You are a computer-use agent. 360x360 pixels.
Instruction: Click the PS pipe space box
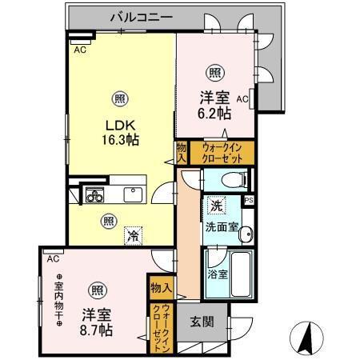tap(249, 201)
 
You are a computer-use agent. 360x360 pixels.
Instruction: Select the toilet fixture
tap(233, 179)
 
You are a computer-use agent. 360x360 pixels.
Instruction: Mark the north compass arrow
tap(309, 338)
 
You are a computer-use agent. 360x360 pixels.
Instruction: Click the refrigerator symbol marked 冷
tap(132, 236)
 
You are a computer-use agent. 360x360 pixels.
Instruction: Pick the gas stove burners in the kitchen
tap(93, 194)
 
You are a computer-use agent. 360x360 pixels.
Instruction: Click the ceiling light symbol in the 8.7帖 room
tap(95, 290)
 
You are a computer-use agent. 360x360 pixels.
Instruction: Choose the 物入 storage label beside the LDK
tap(182, 151)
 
